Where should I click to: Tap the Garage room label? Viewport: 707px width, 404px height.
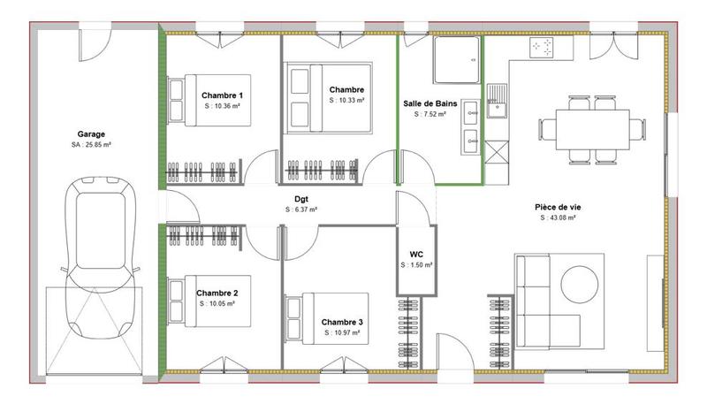(91, 133)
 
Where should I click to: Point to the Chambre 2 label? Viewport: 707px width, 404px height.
(217, 293)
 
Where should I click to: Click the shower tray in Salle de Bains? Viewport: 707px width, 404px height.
(457, 60)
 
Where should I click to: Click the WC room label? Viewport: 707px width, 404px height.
(416, 253)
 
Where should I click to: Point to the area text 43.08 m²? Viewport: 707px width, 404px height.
(557, 217)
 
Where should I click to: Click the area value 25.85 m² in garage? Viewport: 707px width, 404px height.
(91, 145)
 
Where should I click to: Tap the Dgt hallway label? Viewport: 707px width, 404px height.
(300, 200)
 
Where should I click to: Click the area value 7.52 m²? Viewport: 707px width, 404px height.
(430, 114)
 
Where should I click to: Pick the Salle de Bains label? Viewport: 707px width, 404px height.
(430, 103)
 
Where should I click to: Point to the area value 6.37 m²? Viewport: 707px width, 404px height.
(300, 210)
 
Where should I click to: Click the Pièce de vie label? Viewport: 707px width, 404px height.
(557, 206)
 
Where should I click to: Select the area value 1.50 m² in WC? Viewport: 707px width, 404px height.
(416, 264)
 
